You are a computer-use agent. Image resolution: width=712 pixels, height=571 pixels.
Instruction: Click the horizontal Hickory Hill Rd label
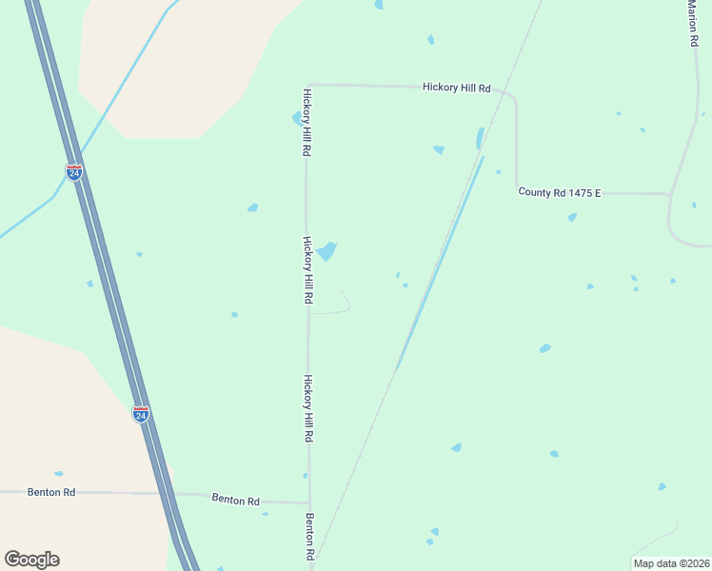[x=456, y=88]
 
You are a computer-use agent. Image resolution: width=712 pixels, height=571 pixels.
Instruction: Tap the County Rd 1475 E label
[x=559, y=192]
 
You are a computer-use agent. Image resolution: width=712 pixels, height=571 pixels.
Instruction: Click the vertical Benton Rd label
[x=310, y=537]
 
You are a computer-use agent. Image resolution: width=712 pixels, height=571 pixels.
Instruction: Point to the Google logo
[x=31, y=560]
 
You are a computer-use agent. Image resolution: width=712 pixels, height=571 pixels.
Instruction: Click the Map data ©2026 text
[x=671, y=563]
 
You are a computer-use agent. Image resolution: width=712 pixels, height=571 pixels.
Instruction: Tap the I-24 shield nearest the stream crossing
[x=74, y=171]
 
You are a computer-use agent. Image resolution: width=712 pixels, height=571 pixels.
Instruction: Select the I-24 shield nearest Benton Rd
[x=141, y=414]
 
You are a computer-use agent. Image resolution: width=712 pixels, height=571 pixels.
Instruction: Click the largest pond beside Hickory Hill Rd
[x=327, y=251]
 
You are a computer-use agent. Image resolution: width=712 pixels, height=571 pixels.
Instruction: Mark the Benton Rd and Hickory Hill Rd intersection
[x=308, y=502]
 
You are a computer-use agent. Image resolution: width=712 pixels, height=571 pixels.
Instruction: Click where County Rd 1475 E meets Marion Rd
[x=670, y=194]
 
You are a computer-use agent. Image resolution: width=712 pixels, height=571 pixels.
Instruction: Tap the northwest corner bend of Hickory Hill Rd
[x=307, y=85]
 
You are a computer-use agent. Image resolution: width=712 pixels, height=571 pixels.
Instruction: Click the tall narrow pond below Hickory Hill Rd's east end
[x=479, y=139]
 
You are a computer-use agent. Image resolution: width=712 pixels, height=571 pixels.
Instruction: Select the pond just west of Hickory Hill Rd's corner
[x=296, y=118]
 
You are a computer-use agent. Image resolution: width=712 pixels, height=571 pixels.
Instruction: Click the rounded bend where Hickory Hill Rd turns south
[x=513, y=97]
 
